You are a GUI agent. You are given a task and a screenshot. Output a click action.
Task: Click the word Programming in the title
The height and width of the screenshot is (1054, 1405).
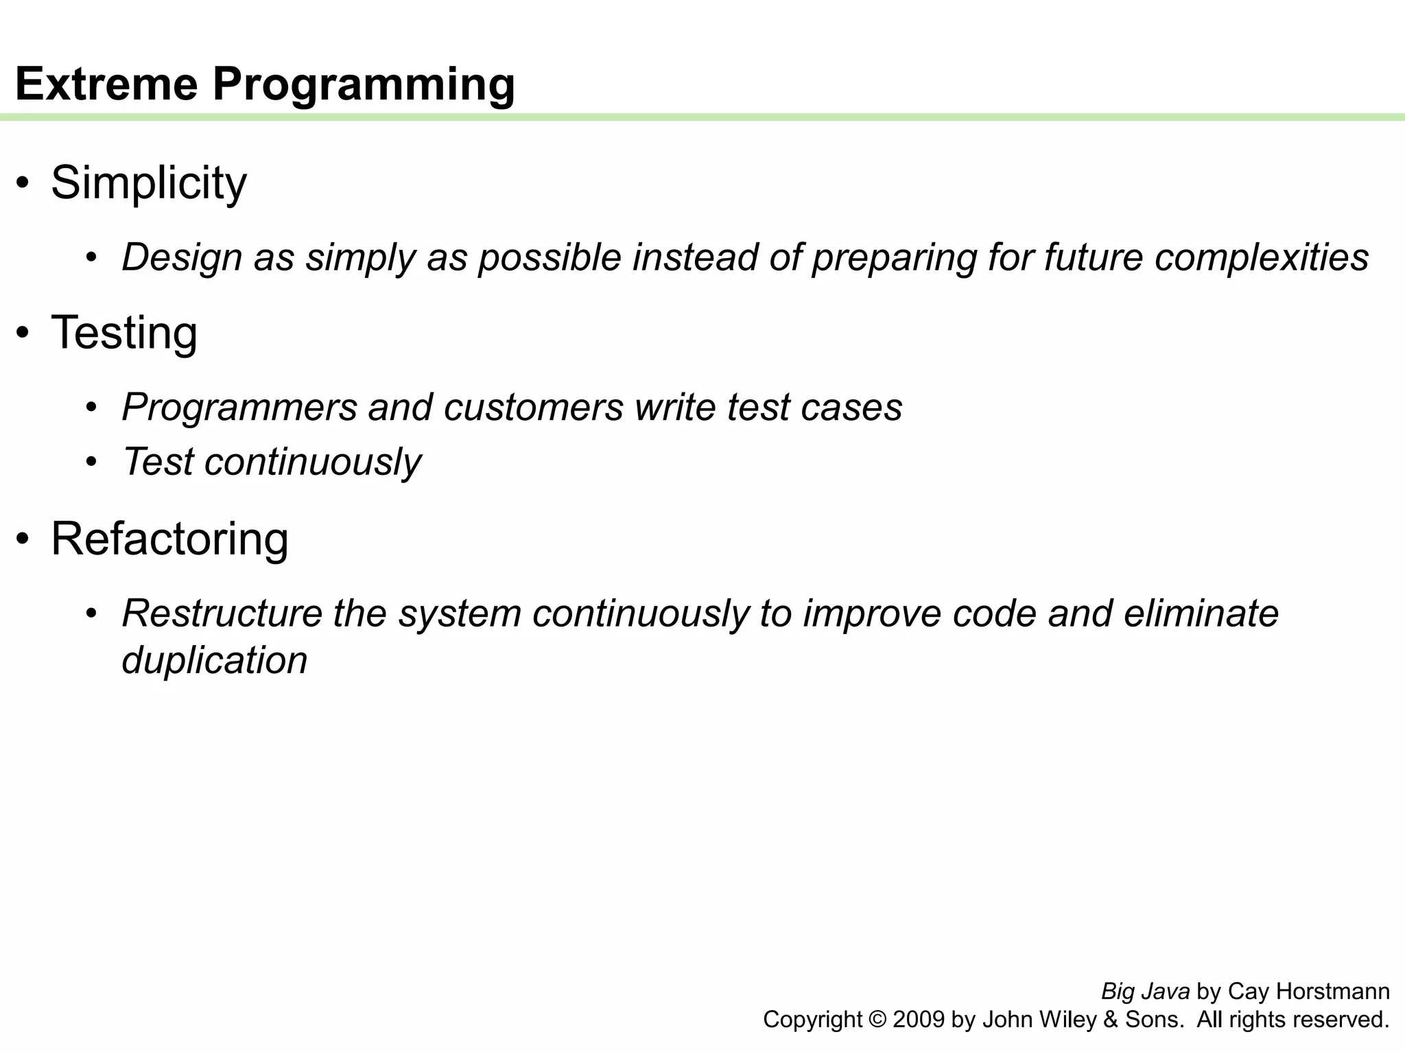(364, 85)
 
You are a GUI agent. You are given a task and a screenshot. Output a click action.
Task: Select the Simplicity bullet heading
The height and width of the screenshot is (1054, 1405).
(148, 183)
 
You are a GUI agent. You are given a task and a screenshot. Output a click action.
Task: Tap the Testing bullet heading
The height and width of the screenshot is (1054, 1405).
(124, 333)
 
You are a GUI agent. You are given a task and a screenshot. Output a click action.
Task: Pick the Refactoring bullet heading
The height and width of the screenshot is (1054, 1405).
(169, 539)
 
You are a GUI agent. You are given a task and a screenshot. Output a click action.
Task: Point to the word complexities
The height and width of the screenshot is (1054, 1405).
(1261, 259)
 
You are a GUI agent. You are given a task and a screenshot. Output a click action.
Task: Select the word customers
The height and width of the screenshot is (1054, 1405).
(534, 408)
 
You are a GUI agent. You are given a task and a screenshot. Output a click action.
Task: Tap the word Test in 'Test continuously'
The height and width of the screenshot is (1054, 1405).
(158, 462)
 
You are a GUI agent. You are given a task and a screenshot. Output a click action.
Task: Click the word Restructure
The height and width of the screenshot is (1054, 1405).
(222, 613)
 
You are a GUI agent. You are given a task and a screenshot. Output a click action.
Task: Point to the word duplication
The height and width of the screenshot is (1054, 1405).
(214, 661)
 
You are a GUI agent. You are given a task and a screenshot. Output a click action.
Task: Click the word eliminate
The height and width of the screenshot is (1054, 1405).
(1201, 613)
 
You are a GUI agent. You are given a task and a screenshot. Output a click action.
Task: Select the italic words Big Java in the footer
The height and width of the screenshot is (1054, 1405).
(1145, 992)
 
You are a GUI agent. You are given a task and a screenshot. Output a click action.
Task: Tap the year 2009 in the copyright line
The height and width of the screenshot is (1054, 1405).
(919, 1020)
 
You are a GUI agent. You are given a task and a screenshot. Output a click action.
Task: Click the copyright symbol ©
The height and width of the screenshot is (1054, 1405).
(877, 1020)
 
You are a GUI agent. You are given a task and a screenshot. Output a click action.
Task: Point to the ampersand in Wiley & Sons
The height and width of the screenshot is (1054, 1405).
(1111, 1020)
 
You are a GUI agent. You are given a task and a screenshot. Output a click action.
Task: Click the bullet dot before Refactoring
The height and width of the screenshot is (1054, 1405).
(24, 539)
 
